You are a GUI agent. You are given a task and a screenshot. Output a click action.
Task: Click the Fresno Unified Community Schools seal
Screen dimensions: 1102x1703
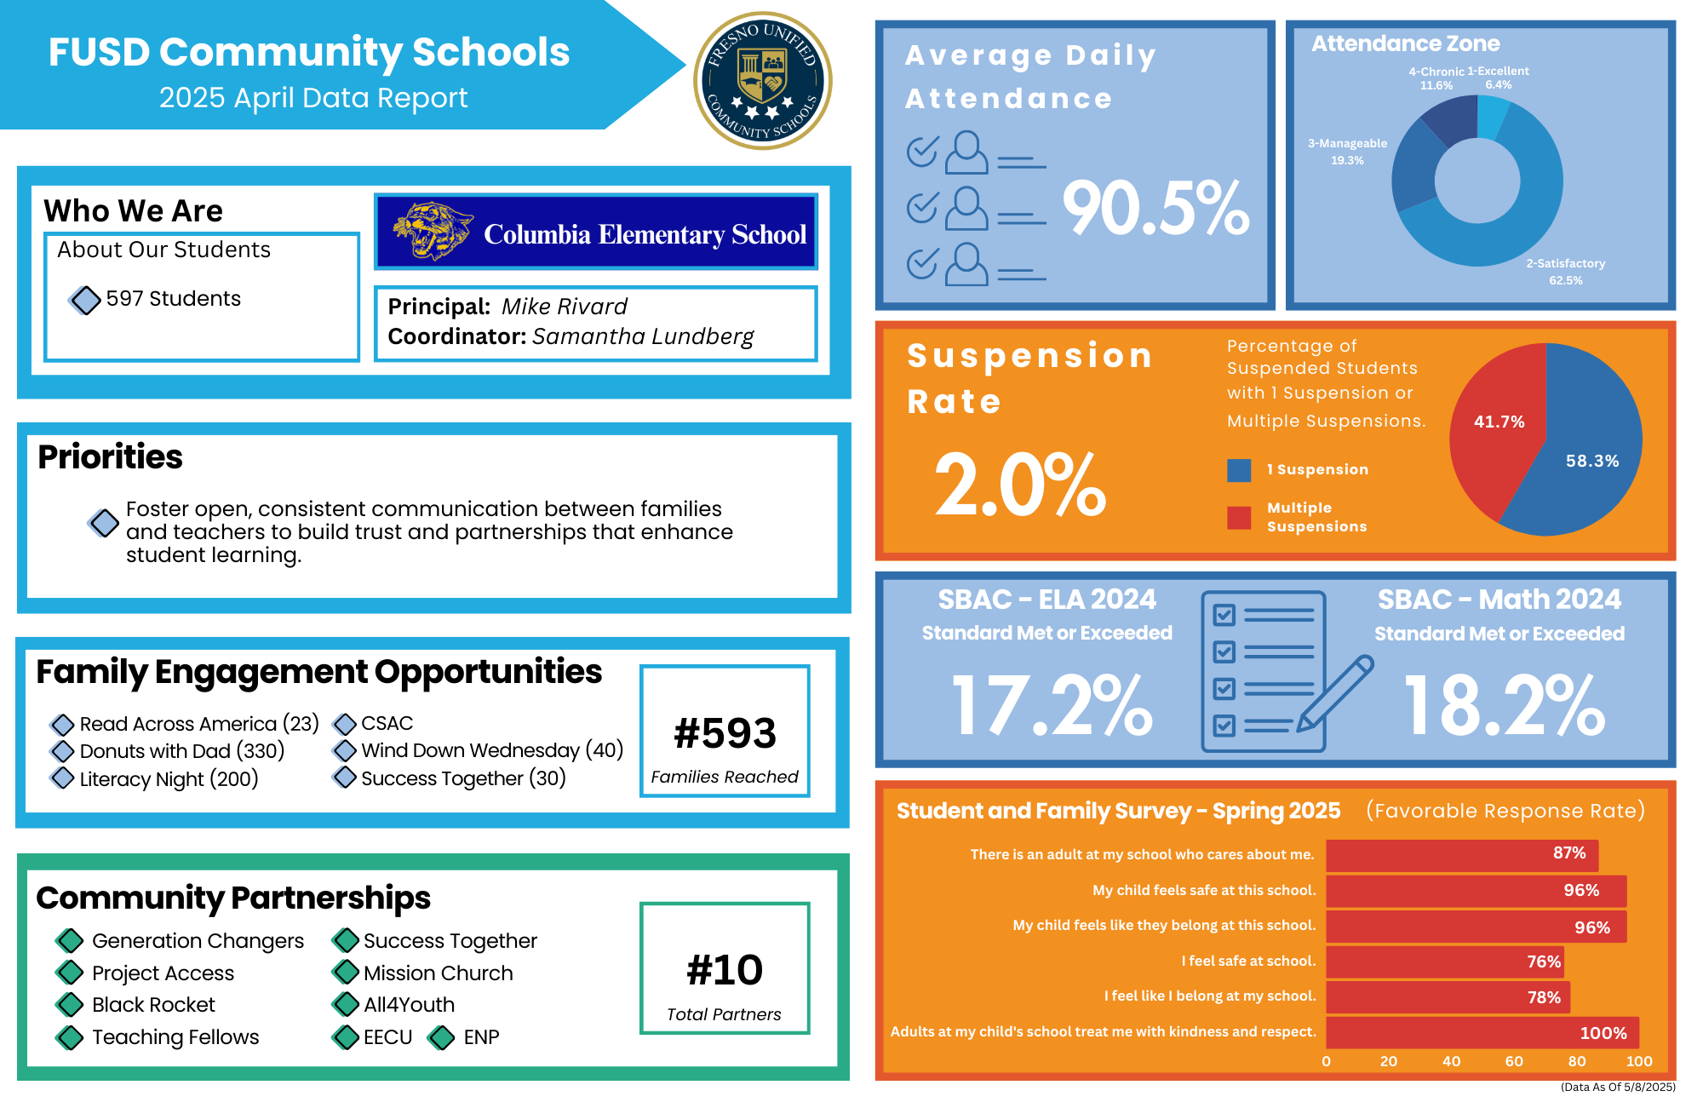click(x=763, y=81)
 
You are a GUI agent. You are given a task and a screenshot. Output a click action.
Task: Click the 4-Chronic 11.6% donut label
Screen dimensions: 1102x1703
click(x=1436, y=78)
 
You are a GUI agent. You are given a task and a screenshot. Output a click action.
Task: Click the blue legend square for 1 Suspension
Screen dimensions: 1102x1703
click(x=1239, y=470)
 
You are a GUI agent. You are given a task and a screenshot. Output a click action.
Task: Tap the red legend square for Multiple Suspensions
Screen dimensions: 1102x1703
click(x=1239, y=517)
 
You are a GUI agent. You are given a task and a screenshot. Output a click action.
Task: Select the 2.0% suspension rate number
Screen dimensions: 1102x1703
click(x=1019, y=485)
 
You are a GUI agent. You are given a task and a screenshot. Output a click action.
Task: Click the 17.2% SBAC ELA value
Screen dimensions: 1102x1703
click(x=1052, y=706)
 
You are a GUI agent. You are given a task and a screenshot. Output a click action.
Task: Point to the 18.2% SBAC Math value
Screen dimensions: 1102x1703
click(x=1504, y=706)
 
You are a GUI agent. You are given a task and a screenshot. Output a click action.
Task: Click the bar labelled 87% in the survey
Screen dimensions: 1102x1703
click(x=1461, y=854)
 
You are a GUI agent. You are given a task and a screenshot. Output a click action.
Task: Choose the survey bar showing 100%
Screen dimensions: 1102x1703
click(x=1482, y=1032)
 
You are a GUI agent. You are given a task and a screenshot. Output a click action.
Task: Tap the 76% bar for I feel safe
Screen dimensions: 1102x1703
click(x=1444, y=961)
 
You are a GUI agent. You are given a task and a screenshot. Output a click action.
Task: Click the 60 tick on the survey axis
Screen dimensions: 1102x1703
click(x=1514, y=1061)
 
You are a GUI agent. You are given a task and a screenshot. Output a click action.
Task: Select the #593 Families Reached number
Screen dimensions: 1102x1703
click(x=725, y=733)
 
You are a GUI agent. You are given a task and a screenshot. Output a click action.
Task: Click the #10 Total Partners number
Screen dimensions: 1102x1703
click(x=725, y=970)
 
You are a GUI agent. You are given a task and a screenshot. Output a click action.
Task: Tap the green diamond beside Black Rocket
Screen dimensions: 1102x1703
click(x=69, y=1005)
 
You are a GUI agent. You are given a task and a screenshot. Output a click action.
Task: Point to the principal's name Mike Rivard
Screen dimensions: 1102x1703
click(x=564, y=307)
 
